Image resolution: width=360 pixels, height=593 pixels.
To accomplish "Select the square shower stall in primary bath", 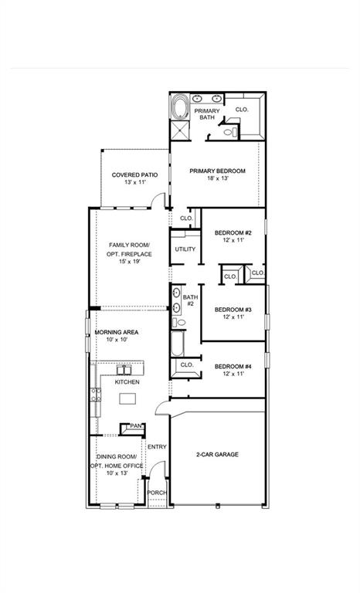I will [x=179, y=130].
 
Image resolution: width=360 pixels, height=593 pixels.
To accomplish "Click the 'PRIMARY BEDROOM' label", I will [x=218, y=171].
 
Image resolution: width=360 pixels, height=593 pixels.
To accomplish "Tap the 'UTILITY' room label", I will [x=185, y=249].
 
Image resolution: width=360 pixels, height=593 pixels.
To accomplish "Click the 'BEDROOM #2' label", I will [x=233, y=232].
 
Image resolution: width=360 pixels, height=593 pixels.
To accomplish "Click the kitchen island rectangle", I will [x=126, y=398].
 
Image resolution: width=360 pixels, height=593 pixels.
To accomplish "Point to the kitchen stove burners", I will [x=97, y=395].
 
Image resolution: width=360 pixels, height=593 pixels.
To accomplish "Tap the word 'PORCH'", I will [x=157, y=493].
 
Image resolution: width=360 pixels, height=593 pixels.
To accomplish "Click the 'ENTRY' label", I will [x=157, y=446].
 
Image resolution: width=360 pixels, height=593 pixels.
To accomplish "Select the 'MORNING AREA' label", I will [x=116, y=332].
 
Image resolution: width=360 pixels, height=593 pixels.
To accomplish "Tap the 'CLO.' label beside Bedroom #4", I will [x=186, y=364].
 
